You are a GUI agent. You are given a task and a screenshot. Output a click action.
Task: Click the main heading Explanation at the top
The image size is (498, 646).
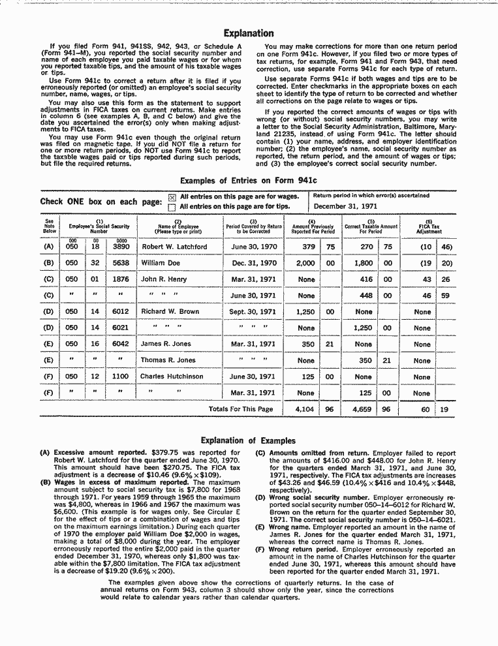click(x=249, y=33)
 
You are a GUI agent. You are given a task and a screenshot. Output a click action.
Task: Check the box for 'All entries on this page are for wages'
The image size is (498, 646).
click(x=172, y=196)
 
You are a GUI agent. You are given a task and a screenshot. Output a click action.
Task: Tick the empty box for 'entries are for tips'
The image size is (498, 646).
click(x=172, y=207)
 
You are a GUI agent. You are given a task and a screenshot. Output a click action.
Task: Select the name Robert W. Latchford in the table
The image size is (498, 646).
click(x=174, y=247)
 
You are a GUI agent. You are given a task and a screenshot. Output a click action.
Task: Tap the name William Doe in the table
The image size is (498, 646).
click(x=160, y=264)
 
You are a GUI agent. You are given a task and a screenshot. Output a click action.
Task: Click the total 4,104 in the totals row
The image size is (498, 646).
click(x=305, y=410)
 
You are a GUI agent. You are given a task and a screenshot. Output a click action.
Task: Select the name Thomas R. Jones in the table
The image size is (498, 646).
click(x=168, y=360)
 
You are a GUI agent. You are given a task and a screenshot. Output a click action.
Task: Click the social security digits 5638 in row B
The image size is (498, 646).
click(x=121, y=264)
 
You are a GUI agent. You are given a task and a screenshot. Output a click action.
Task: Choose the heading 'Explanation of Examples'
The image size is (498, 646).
click(x=248, y=440)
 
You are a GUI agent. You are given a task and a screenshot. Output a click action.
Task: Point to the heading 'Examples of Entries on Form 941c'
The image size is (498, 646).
click(x=248, y=179)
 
